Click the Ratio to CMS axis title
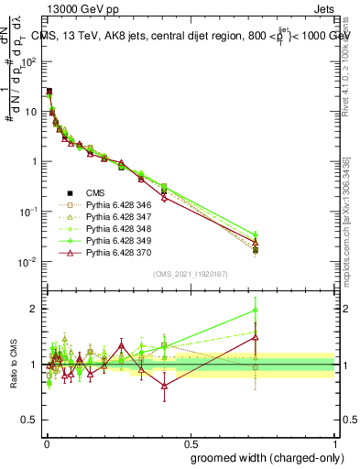click(x=12, y=365)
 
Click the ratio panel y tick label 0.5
click(x=32, y=421)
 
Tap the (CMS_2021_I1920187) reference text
click(x=190, y=272)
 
